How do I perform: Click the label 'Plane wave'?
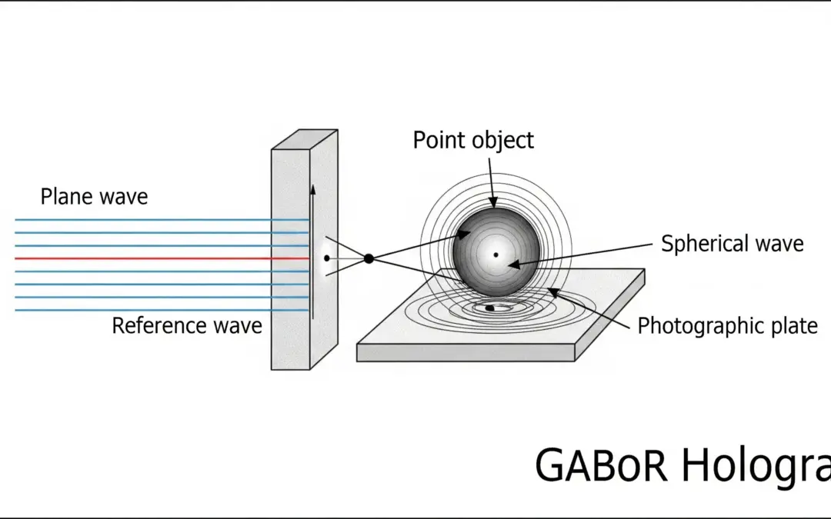pyautogui.click(x=94, y=197)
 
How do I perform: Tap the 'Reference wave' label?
pyautogui.click(x=187, y=326)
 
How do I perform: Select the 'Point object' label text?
pyautogui.click(x=473, y=141)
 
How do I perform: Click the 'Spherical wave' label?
pyautogui.click(x=732, y=245)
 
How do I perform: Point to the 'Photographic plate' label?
pyautogui.click(x=727, y=326)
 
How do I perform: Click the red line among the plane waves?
pyautogui.click(x=154, y=259)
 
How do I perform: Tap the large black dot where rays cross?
pyautogui.click(x=369, y=259)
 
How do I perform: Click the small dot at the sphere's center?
pyautogui.click(x=496, y=255)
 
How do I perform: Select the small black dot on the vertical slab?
pyautogui.click(x=327, y=258)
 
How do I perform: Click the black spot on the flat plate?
pyautogui.click(x=490, y=308)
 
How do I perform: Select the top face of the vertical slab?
pyautogui.click(x=305, y=139)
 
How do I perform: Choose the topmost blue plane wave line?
pyautogui.click(x=154, y=220)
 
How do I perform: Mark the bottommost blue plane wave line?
pyautogui.click(x=154, y=311)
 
